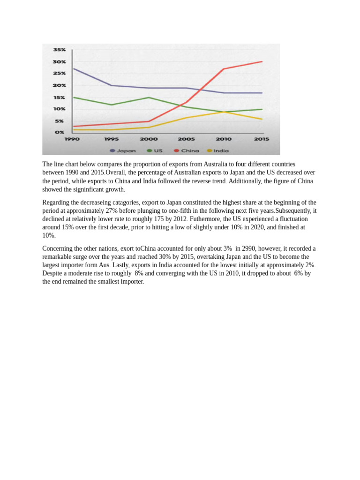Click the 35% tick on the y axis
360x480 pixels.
(x=59, y=50)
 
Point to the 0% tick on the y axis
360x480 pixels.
(x=60, y=133)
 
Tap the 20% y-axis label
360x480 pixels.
(x=59, y=85)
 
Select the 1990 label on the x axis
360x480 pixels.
(x=72, y=139)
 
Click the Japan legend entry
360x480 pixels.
(x=123, y=150)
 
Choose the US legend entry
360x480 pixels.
(x=155, y=150)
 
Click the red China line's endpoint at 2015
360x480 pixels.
(x=262, y=61)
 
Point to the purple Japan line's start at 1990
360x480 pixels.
(x=74, y=69)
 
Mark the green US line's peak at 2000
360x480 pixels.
(x=148, y=97)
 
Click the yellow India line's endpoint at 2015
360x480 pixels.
(x=262, y=119)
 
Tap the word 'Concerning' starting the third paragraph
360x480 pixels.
(x=58, y=248)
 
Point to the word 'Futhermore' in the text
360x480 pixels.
(x=206, y=219)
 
